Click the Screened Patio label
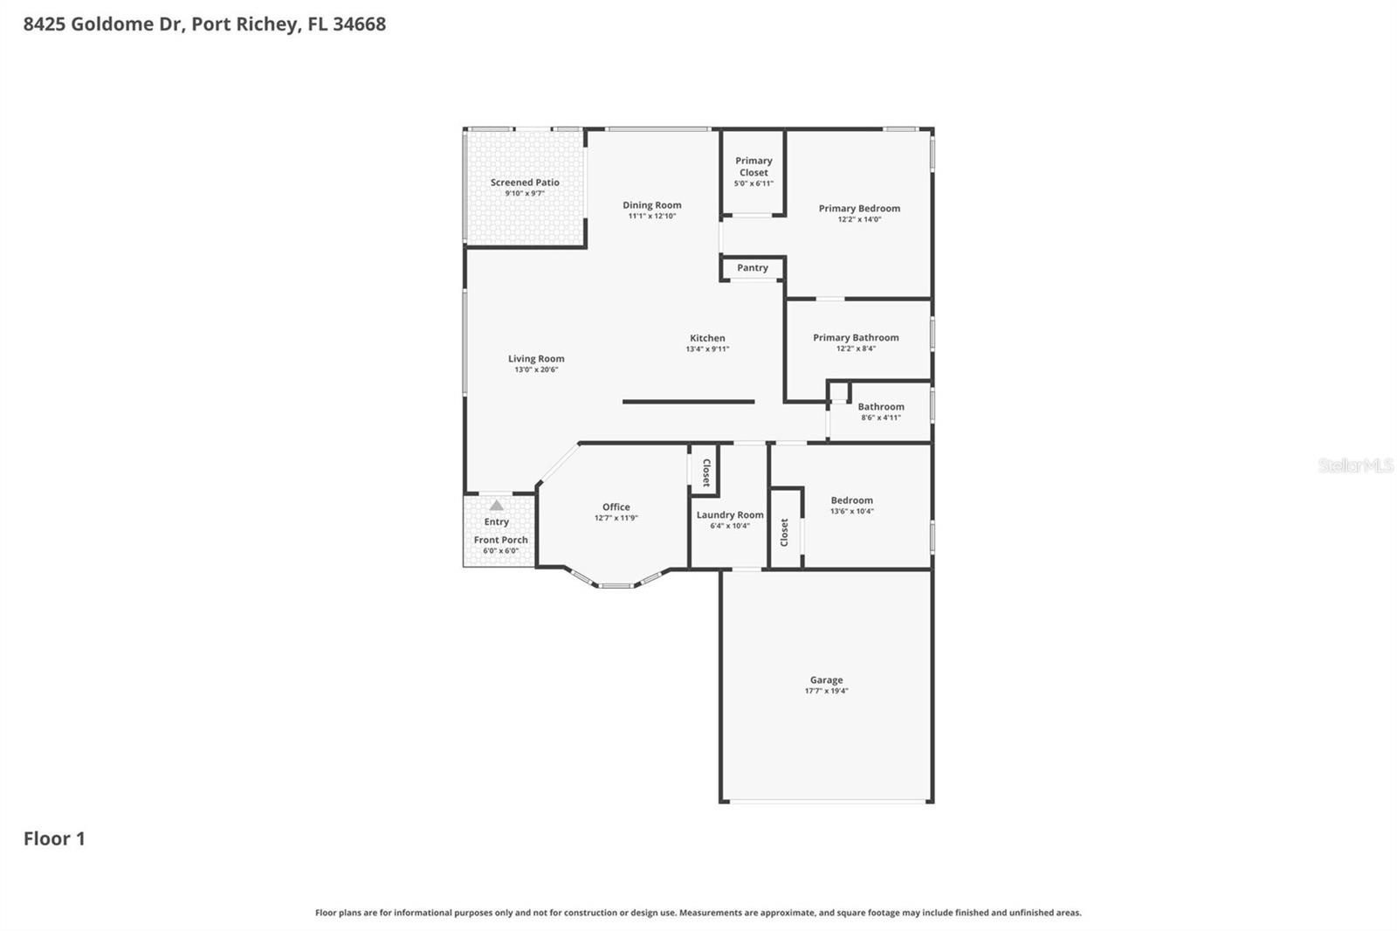[525, 183]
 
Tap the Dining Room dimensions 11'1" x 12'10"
[651, 217]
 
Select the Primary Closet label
[754, 166]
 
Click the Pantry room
[753, 268]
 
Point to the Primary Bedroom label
[859, 209]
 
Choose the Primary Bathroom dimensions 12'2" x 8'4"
[856, 348]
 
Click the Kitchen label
[707, 338]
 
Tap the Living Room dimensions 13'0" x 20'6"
[536, 369]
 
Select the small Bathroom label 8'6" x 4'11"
[880, 407]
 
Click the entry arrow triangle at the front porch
[496, 506]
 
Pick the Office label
[616, 507]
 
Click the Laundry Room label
[730, 515]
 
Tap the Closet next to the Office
[705, 472]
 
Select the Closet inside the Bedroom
[785, 532]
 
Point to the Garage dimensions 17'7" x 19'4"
[826, 691]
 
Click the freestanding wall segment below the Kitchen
[688, 402]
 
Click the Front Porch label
[500, 540]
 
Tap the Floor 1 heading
[54, 838]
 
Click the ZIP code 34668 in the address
[359, 24]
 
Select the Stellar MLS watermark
[1355, 465]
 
